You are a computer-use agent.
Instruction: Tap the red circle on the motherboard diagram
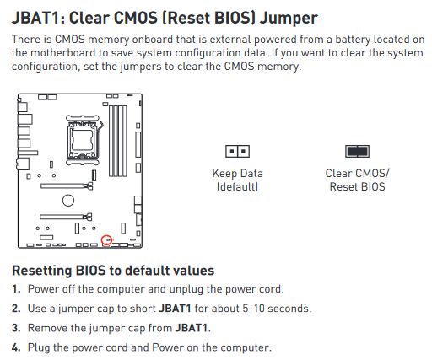[x=106, y=240]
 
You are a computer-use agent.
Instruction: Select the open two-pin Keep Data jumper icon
[x=237, y=151]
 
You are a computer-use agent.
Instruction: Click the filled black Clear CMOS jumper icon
[x=357, y=151]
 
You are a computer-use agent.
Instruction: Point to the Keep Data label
[x=237, y=174]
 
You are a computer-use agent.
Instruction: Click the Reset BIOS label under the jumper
[x=357, y=187]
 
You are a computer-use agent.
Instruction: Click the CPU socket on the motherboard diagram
[x=83, y=140]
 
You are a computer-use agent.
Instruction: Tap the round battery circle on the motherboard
[x=68, y=201]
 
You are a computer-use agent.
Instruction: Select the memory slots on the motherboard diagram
[x=118, y=141]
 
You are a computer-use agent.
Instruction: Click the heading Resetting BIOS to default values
[x=113, y=271]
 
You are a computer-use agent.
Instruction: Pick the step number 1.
[x=16, y=289]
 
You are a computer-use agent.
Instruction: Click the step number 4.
[x=16, y=347]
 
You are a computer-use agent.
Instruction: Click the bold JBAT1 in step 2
[x=175, y=309]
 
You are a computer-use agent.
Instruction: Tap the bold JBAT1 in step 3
[x=192, y=328]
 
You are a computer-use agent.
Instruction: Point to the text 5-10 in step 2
[x=253, y=309]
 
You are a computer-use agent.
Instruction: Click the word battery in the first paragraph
[x=353, y=40]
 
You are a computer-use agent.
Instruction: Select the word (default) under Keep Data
[x=237, y=187]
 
